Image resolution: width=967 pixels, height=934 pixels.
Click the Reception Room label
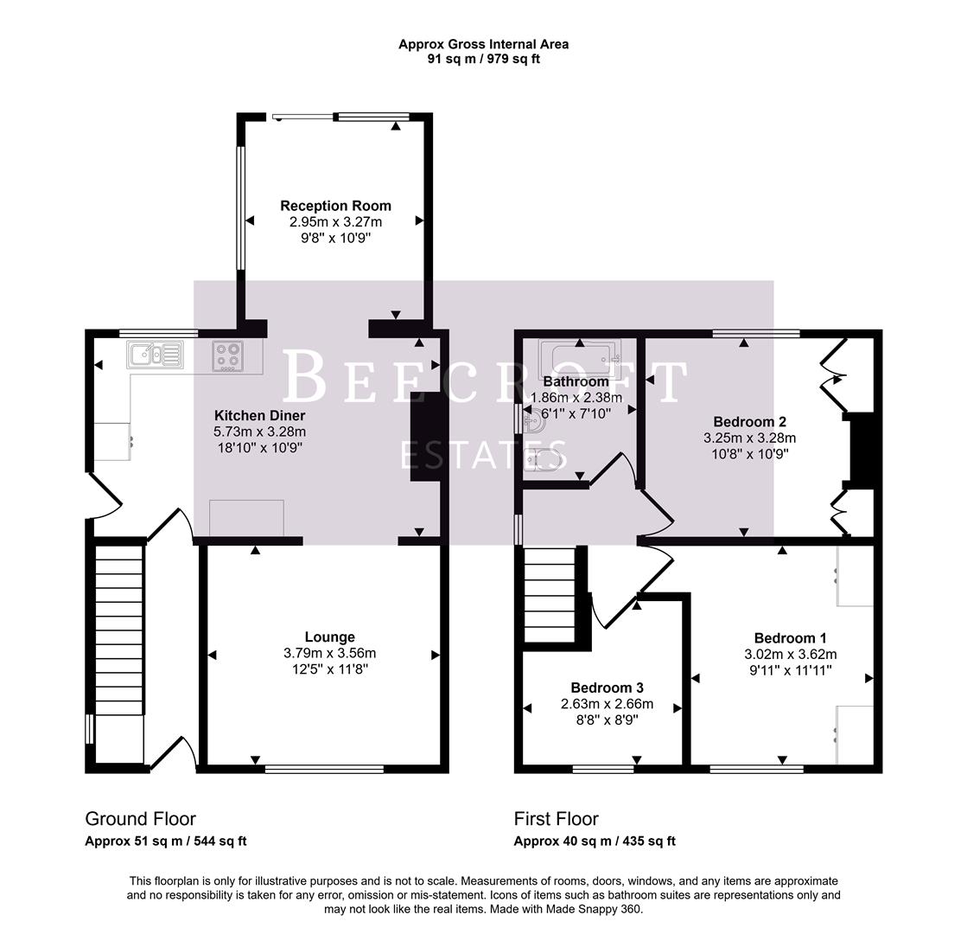coord(335,206)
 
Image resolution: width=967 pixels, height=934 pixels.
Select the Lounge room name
coord(329,637)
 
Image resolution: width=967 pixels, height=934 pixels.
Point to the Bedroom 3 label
coord(607,688)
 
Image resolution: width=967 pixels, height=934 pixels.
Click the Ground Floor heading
coord(140,819)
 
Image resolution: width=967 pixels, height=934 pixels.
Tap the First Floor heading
coord(556,819)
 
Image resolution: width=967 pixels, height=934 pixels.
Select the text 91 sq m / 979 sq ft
coord(483,59)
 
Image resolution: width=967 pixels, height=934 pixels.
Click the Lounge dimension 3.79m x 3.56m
coord(329,653)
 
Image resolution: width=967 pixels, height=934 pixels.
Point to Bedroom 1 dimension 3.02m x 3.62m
coord(790,654)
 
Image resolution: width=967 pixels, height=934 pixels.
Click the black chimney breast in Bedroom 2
coord(858,450)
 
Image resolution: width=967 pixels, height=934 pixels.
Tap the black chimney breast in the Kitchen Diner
coord(424,437)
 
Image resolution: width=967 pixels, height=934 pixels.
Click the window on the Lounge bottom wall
coord(324,768)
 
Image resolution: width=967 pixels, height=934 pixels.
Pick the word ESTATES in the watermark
coord(483,453)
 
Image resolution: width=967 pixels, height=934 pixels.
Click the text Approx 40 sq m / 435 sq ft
coord(595,841)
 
